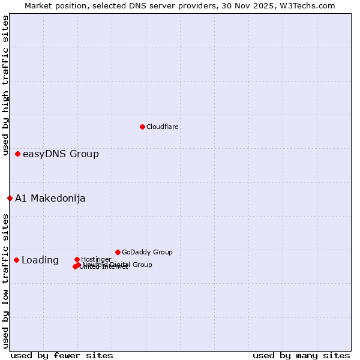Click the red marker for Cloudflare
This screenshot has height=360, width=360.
click(142, 127)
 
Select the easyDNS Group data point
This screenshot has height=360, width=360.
click(18, 154)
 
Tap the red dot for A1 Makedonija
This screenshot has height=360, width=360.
click(10, 198)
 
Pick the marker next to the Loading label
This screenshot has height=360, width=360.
click(16, 260)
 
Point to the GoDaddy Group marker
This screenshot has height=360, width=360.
click(118, 252)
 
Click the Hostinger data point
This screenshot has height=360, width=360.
click(77, 259)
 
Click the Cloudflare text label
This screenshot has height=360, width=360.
click(163, 127)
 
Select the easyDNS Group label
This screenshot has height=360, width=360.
click(61, 154)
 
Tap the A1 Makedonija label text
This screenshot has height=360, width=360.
click(50, 199)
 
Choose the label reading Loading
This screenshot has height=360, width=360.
click(40, 260)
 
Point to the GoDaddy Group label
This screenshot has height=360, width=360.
click(147, 252)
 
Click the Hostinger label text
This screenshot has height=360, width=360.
click(96, 259)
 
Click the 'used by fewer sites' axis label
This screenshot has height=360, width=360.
click(62, 355)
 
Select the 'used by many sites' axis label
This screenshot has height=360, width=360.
click(301, 355)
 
